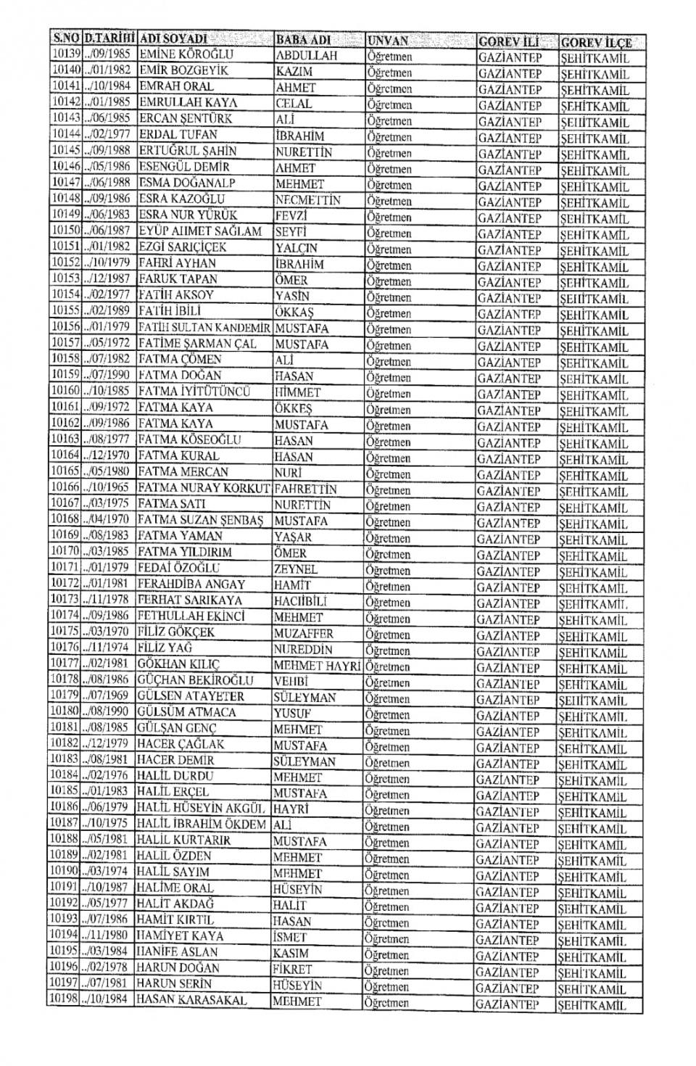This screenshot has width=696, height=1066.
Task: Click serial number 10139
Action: pos(65,54)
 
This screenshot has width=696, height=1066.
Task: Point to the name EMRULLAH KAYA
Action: pos(188,102)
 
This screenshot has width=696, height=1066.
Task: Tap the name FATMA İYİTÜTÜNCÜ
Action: pos(194,392)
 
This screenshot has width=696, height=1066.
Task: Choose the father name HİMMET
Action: pos(297,393)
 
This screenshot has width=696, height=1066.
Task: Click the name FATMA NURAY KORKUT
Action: pos(204,488)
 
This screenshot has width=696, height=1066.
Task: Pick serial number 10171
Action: pos(65,568)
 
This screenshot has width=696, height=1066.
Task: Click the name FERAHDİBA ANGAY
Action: pos(191,584)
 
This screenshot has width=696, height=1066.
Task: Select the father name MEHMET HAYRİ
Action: pos(317,666)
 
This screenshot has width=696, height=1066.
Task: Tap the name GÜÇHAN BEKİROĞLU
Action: pos(196,680)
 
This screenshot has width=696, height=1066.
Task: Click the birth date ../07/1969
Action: pos(107,695)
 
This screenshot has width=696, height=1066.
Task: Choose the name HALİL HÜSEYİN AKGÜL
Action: pos(202,808)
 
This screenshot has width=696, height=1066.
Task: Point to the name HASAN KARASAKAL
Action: pos(191,1000)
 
